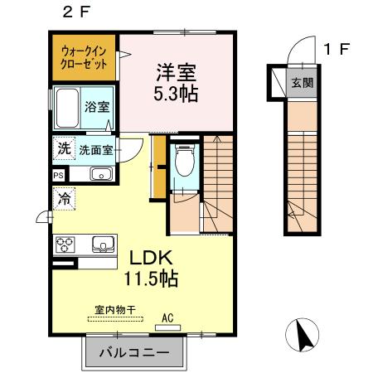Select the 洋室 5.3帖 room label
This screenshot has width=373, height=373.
tap(177, 81)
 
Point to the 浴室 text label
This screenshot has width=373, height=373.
tap(96, 108)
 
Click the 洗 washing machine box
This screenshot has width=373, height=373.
tap(64, 150)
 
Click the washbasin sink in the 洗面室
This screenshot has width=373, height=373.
tap(101, 173)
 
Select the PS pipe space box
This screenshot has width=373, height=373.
tap(58, 176)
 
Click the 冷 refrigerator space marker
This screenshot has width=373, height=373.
tap(64, 198)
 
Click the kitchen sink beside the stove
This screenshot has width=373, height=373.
tap(102, 244)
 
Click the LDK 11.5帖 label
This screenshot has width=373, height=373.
tap(149, 268)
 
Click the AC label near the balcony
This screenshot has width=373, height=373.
tap(166, 316)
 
